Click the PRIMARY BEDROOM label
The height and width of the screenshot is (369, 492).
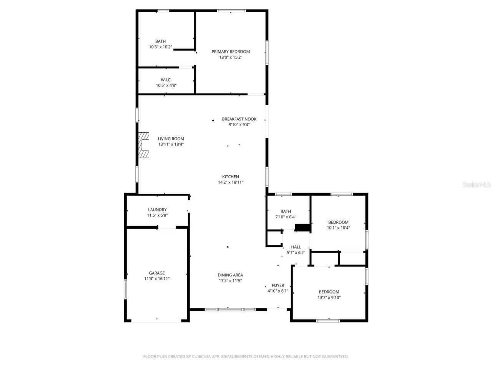(231, 52)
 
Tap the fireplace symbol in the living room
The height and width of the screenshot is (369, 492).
(144, 145)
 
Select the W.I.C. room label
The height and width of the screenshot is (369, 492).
(166, 80)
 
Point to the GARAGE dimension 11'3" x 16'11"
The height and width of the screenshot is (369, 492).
(157, 279)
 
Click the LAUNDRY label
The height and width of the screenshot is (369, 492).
(157, 210)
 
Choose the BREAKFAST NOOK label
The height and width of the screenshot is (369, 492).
(239, 119)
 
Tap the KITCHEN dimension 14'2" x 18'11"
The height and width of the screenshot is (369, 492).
(231, 183)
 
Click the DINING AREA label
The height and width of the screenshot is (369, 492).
(230, 275)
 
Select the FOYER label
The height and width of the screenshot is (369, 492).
(278, 285)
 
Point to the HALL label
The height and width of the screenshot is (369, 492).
(296, 247)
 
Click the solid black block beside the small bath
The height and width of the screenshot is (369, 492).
(303, 228)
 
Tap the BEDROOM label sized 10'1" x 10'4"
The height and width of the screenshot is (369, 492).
(338, 222)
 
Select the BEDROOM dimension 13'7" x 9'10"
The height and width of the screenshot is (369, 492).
(329, 298)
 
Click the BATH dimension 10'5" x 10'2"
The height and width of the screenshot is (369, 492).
(161, 47)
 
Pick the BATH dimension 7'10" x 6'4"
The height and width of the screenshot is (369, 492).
(286, 217)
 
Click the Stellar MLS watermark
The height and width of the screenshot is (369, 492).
(477, 185)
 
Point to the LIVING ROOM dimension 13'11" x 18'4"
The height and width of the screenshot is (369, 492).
(171, 145)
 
